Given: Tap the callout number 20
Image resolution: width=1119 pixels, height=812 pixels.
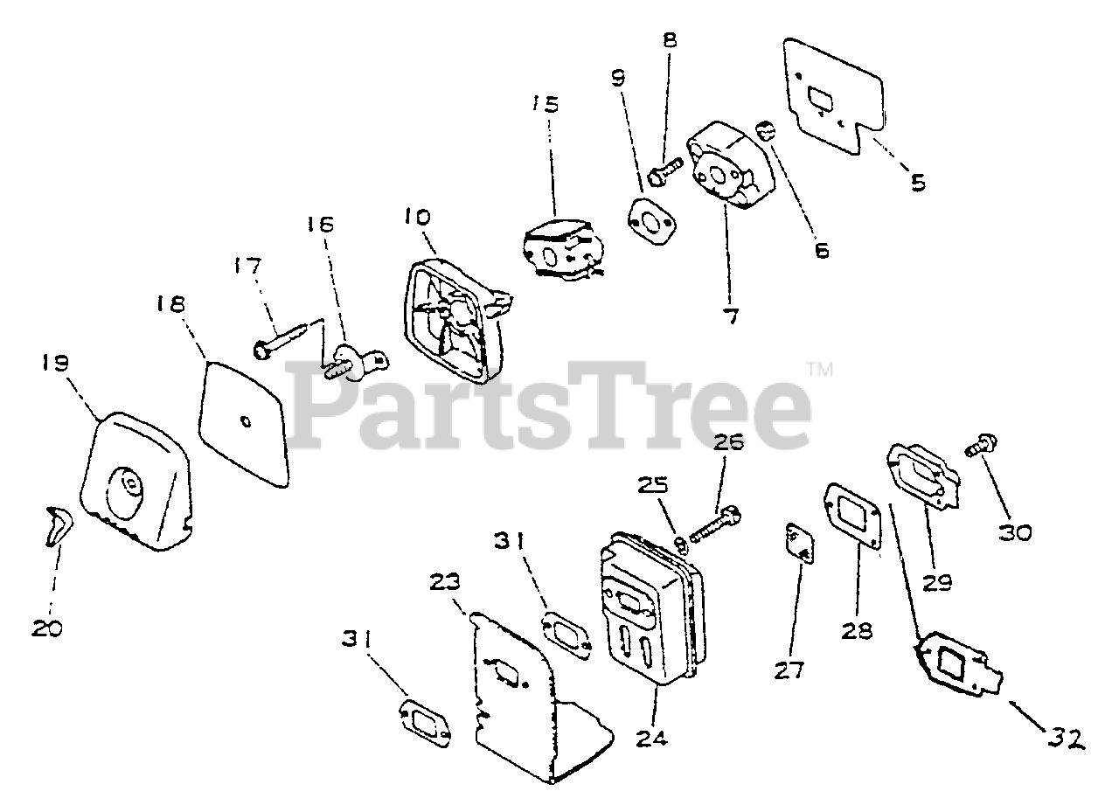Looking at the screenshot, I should (x=48, y=628).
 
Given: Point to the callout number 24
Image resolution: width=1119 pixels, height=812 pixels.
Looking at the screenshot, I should (x=652, y=738).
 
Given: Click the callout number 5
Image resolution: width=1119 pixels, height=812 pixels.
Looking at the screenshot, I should (x=918, y=184).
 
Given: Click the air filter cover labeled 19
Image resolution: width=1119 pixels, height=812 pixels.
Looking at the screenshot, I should (x=136, y=489).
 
